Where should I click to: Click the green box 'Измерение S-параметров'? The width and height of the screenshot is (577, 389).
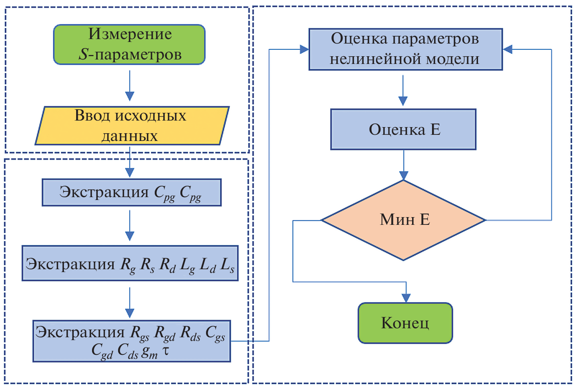click(129, 44)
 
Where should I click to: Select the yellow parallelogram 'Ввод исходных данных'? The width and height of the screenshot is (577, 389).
click(132, 125)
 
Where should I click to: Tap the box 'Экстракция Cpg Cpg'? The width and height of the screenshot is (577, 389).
click(132, 192)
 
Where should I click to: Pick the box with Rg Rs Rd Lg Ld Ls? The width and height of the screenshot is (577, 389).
click(130, 263)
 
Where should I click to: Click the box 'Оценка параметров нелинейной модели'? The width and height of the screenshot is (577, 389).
click(406, 49)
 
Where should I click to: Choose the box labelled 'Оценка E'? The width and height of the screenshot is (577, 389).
click(403, 129)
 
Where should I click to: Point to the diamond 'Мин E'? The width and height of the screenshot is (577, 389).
click(404, 220)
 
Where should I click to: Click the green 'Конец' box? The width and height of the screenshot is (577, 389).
click(405, 323)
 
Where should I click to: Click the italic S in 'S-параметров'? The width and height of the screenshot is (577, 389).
click(83, 55)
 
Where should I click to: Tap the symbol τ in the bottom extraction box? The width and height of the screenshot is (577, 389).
click(166, 350)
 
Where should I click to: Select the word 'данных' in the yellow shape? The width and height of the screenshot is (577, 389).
click(129, 136)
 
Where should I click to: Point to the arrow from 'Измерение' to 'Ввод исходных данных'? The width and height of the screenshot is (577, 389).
click(129, 86)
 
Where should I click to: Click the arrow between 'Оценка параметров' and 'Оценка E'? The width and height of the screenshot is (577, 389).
click(403, 90)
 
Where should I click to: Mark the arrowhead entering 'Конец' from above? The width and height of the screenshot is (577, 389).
click(406, 297)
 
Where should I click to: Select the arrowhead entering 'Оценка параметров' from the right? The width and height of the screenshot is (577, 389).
click(508, 49)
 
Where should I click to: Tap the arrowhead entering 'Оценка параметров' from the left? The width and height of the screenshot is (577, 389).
click(304, 49)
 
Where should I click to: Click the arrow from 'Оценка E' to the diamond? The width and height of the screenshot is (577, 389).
click(404, 165)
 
